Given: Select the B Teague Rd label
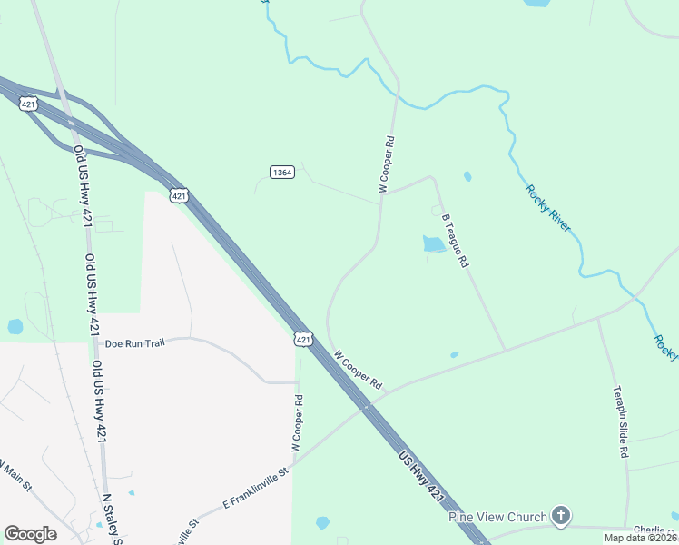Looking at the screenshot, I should tap(455, 241).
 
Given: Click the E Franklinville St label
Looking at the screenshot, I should tap(255, 488).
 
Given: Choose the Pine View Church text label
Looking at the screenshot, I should tap(497, 517).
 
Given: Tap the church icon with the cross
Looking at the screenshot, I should tap(561, 516).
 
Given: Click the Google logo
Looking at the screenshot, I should tap(30, 534).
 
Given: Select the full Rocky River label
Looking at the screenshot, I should tap(548, 208).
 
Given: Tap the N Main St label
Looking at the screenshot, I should tap(16, 476).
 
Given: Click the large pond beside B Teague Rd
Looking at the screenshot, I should tap(433, 243).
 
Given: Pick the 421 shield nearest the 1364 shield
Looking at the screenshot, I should tap(179, 195).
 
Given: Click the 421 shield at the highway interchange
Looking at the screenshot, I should tap(28, 103).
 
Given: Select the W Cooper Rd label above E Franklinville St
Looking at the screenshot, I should tap(296, 424).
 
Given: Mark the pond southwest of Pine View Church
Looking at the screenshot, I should tap(322, 523).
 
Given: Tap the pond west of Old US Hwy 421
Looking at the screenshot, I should tap(15, 326).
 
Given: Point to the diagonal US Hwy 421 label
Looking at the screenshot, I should tap(422, 479).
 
